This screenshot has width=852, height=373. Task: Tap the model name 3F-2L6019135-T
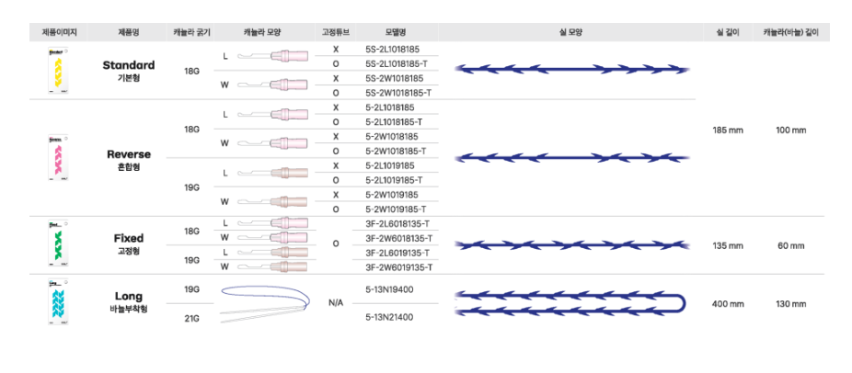click(398, 253)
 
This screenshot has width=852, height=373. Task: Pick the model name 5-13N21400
click(389, 317)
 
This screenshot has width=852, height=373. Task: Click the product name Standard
click(128, 66)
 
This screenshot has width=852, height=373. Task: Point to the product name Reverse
click(128, 154)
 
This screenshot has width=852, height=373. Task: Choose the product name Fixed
click(128, 238)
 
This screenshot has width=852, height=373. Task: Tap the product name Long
click(128, 296)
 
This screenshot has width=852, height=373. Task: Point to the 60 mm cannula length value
click(790, 246)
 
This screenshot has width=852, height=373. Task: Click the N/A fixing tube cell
click(336, 302)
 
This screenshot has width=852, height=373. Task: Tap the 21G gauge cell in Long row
click(192, 317)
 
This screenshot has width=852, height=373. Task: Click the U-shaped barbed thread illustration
click(571, 303)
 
